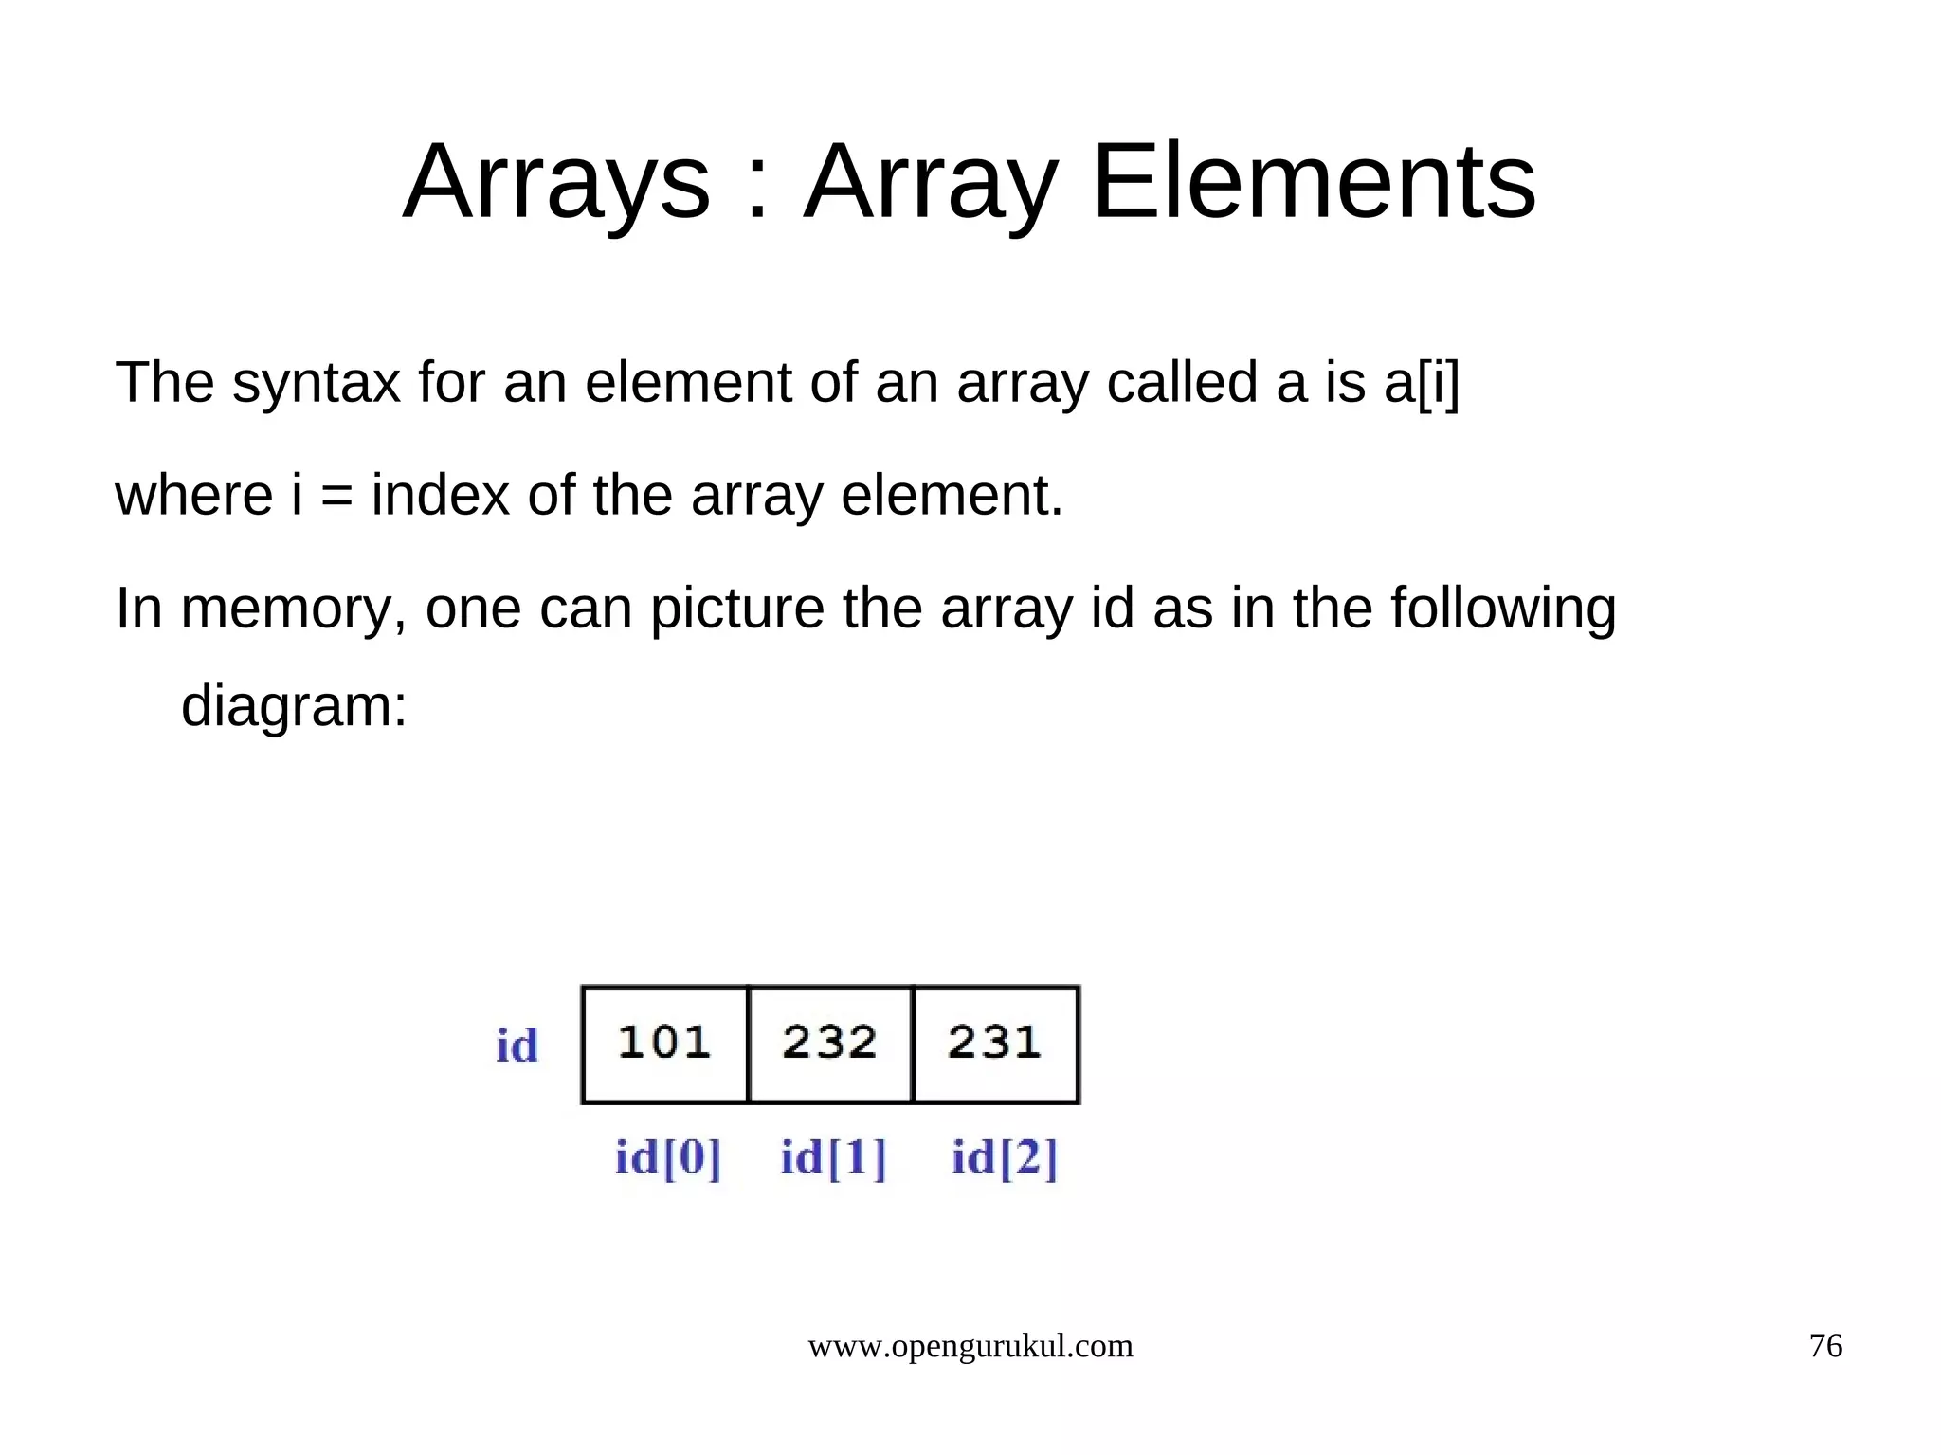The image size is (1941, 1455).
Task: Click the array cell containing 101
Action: point(664,1044)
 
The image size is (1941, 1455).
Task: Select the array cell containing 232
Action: point(830,1044)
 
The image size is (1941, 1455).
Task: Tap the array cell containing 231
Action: point(995,1044)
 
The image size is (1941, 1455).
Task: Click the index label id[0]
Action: point(668,1157)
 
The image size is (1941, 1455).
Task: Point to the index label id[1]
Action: point(833,1157)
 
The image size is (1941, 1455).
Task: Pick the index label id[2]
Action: point(1005,1157)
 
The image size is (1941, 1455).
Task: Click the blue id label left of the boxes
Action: point(517,1046)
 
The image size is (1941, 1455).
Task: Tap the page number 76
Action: point(1825,1346)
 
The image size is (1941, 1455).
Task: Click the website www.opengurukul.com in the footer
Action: point(970,1346)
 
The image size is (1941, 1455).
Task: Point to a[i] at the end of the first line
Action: point(1422,383)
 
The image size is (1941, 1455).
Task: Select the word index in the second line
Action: point(441,495)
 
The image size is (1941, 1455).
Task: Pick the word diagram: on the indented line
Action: point(294,707)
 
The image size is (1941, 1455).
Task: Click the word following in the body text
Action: point(1503,609)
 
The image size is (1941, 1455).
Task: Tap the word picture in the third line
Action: point(736,609)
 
